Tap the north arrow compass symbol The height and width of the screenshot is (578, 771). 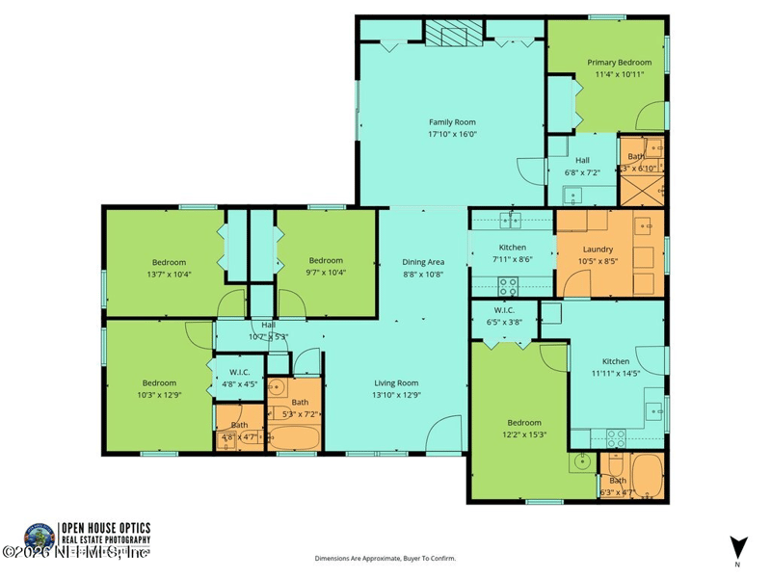coord(737,546)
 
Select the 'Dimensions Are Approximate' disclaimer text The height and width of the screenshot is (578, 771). coord(385,558)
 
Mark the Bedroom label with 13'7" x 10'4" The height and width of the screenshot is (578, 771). coord(169,267)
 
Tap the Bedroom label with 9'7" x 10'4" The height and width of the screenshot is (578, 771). coord(326,266)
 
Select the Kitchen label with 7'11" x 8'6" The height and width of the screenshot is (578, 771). coord(512,253)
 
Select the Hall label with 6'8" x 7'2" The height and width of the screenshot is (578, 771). coord(582,167)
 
